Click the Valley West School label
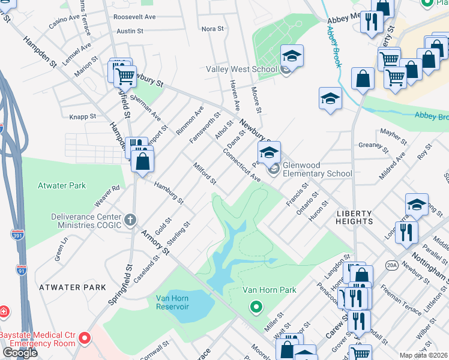(x=241, y=70)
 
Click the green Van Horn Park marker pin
(x=256, y=308)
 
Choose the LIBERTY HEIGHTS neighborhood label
(x=354, y=217)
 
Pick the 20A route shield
(x=393, y=265)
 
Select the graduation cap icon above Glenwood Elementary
(x=270, y=152)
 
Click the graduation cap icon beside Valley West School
(x=292, y=56)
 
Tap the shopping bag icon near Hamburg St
(x=143, y=161)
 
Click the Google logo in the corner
(x=19, y=353)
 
